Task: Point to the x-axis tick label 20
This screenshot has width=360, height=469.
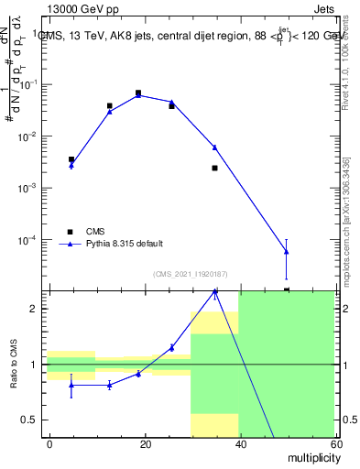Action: pos(144,443)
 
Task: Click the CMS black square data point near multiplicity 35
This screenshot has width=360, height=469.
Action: pos(214,168)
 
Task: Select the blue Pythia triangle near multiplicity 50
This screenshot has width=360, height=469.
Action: pos(287,251)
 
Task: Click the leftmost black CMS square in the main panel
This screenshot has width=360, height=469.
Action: pos(71,159)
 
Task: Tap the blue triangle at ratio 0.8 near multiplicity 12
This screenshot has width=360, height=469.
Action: pos(109,385)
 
